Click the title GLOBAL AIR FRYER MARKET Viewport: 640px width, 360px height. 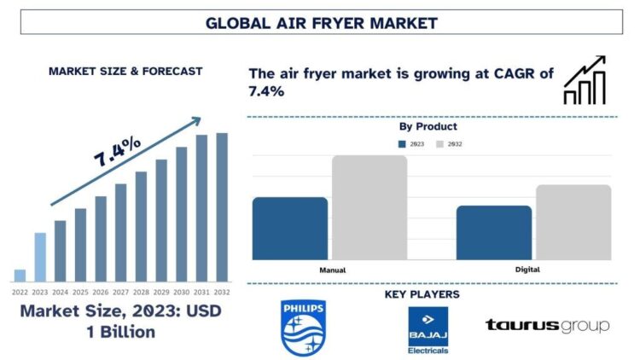click(319, 23)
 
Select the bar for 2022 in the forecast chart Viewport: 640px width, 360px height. click(20, 276)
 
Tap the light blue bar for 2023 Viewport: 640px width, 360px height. click(40, 257)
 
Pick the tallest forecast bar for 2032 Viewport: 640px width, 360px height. click(222, 207)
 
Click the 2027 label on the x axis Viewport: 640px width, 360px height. click(120, 291)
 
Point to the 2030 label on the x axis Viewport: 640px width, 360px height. click(181, 291)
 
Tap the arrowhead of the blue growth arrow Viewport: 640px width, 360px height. click(195, 122)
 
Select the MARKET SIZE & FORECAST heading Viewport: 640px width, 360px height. click(125, 72)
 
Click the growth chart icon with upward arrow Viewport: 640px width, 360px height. click(585, 80)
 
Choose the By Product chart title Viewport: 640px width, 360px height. click(428, 126)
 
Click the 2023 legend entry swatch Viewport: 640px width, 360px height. click(403, 144)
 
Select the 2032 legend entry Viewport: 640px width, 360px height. click(451, 144)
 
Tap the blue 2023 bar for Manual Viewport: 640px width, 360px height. click(290, 229)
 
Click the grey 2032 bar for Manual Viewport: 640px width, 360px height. click(369, 207)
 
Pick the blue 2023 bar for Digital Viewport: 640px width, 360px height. click(494, 233)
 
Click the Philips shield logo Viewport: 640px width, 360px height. click(303, 328)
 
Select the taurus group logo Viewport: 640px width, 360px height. click(547, 325)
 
